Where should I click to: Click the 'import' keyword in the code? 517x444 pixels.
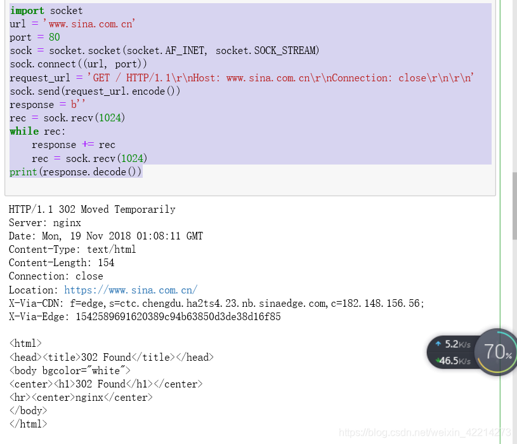click(27, 11)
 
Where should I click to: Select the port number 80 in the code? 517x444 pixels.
click(54, 37)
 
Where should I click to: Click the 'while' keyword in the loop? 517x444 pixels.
click(24, 131)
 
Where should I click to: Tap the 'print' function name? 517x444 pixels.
click(23, 172)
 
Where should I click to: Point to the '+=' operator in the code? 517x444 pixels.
click(87, 145)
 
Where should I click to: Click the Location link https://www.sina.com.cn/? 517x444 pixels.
click(131, 290)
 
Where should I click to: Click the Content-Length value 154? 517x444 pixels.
click(106, 263)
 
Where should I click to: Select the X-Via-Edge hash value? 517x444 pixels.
click(178, 316)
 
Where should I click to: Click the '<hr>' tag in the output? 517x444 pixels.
click(20, 398)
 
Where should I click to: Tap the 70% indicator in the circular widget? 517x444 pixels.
click(497, 351)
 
